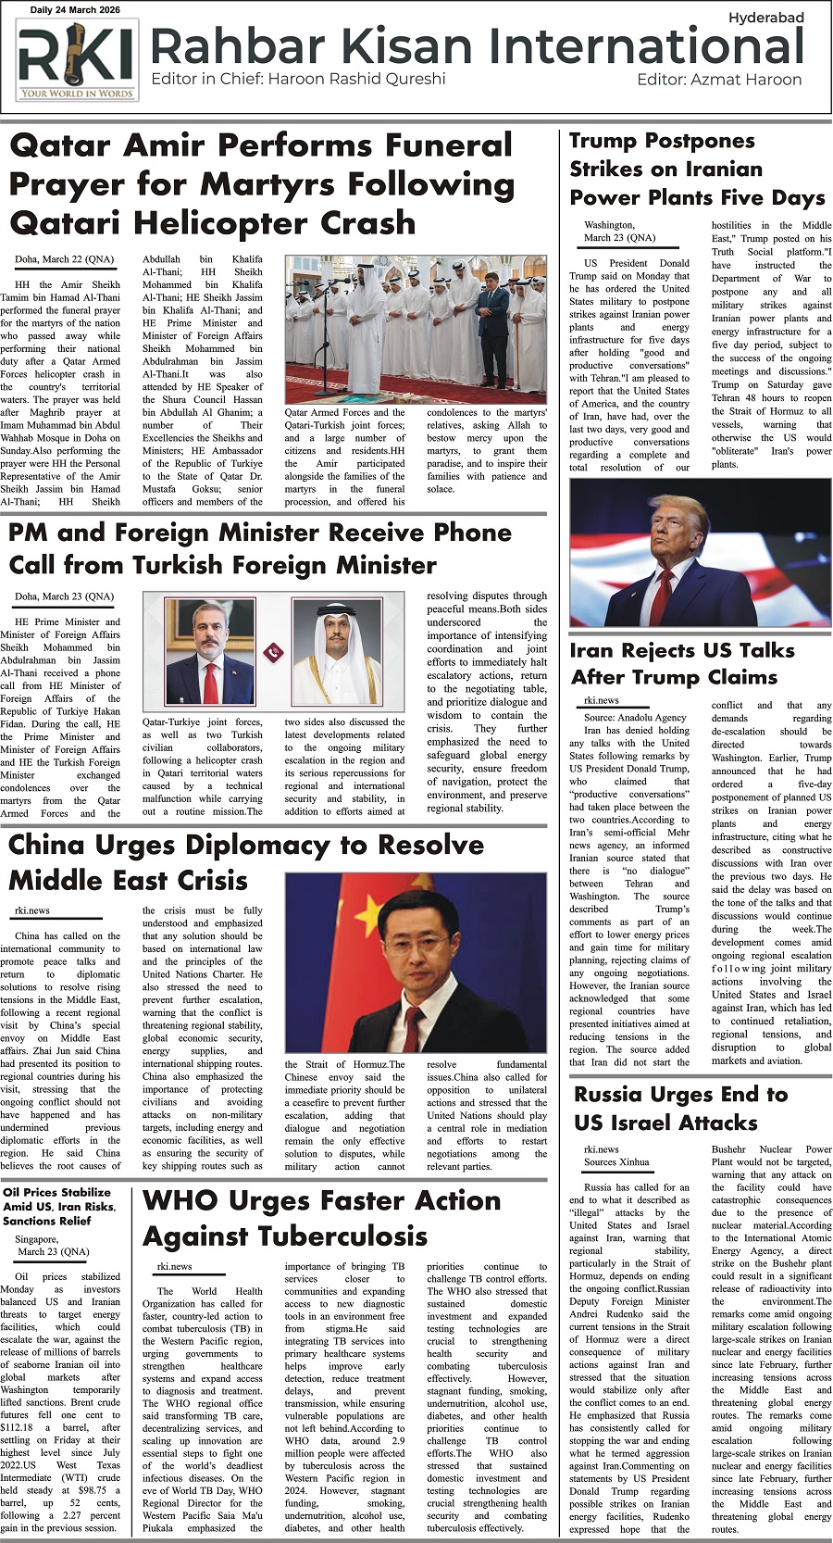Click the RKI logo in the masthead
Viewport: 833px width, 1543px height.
click(76, 60)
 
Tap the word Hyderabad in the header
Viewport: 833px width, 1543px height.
click(765, 18)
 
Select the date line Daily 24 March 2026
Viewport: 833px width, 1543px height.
click(75, 10)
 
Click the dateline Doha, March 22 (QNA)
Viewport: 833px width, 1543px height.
click(64, 259)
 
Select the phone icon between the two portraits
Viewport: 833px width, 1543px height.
click(273, 652)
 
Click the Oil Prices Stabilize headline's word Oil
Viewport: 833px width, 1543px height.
click(13, 1192)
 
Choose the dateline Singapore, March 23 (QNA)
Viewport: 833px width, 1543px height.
click(53, 1245)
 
